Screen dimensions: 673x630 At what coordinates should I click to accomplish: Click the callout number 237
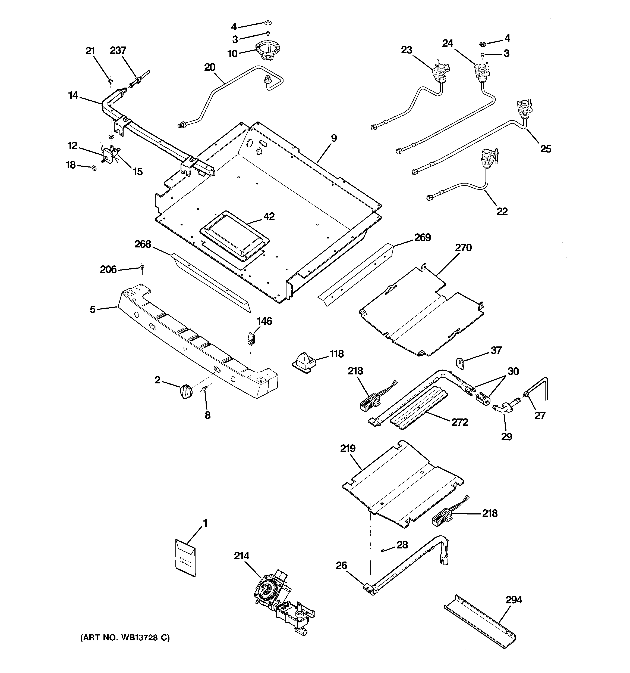click(118, 51)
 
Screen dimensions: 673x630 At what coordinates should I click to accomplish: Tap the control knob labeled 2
click(186, 392)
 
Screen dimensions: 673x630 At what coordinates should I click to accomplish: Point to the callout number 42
click(269, 216)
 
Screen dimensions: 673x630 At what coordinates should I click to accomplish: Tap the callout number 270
click(463, 248)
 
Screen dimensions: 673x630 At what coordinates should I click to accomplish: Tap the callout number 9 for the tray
click(334, 138)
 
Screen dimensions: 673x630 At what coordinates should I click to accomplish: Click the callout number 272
click(459, 422)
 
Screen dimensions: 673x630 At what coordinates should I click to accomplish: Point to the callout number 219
click(348, 449)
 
